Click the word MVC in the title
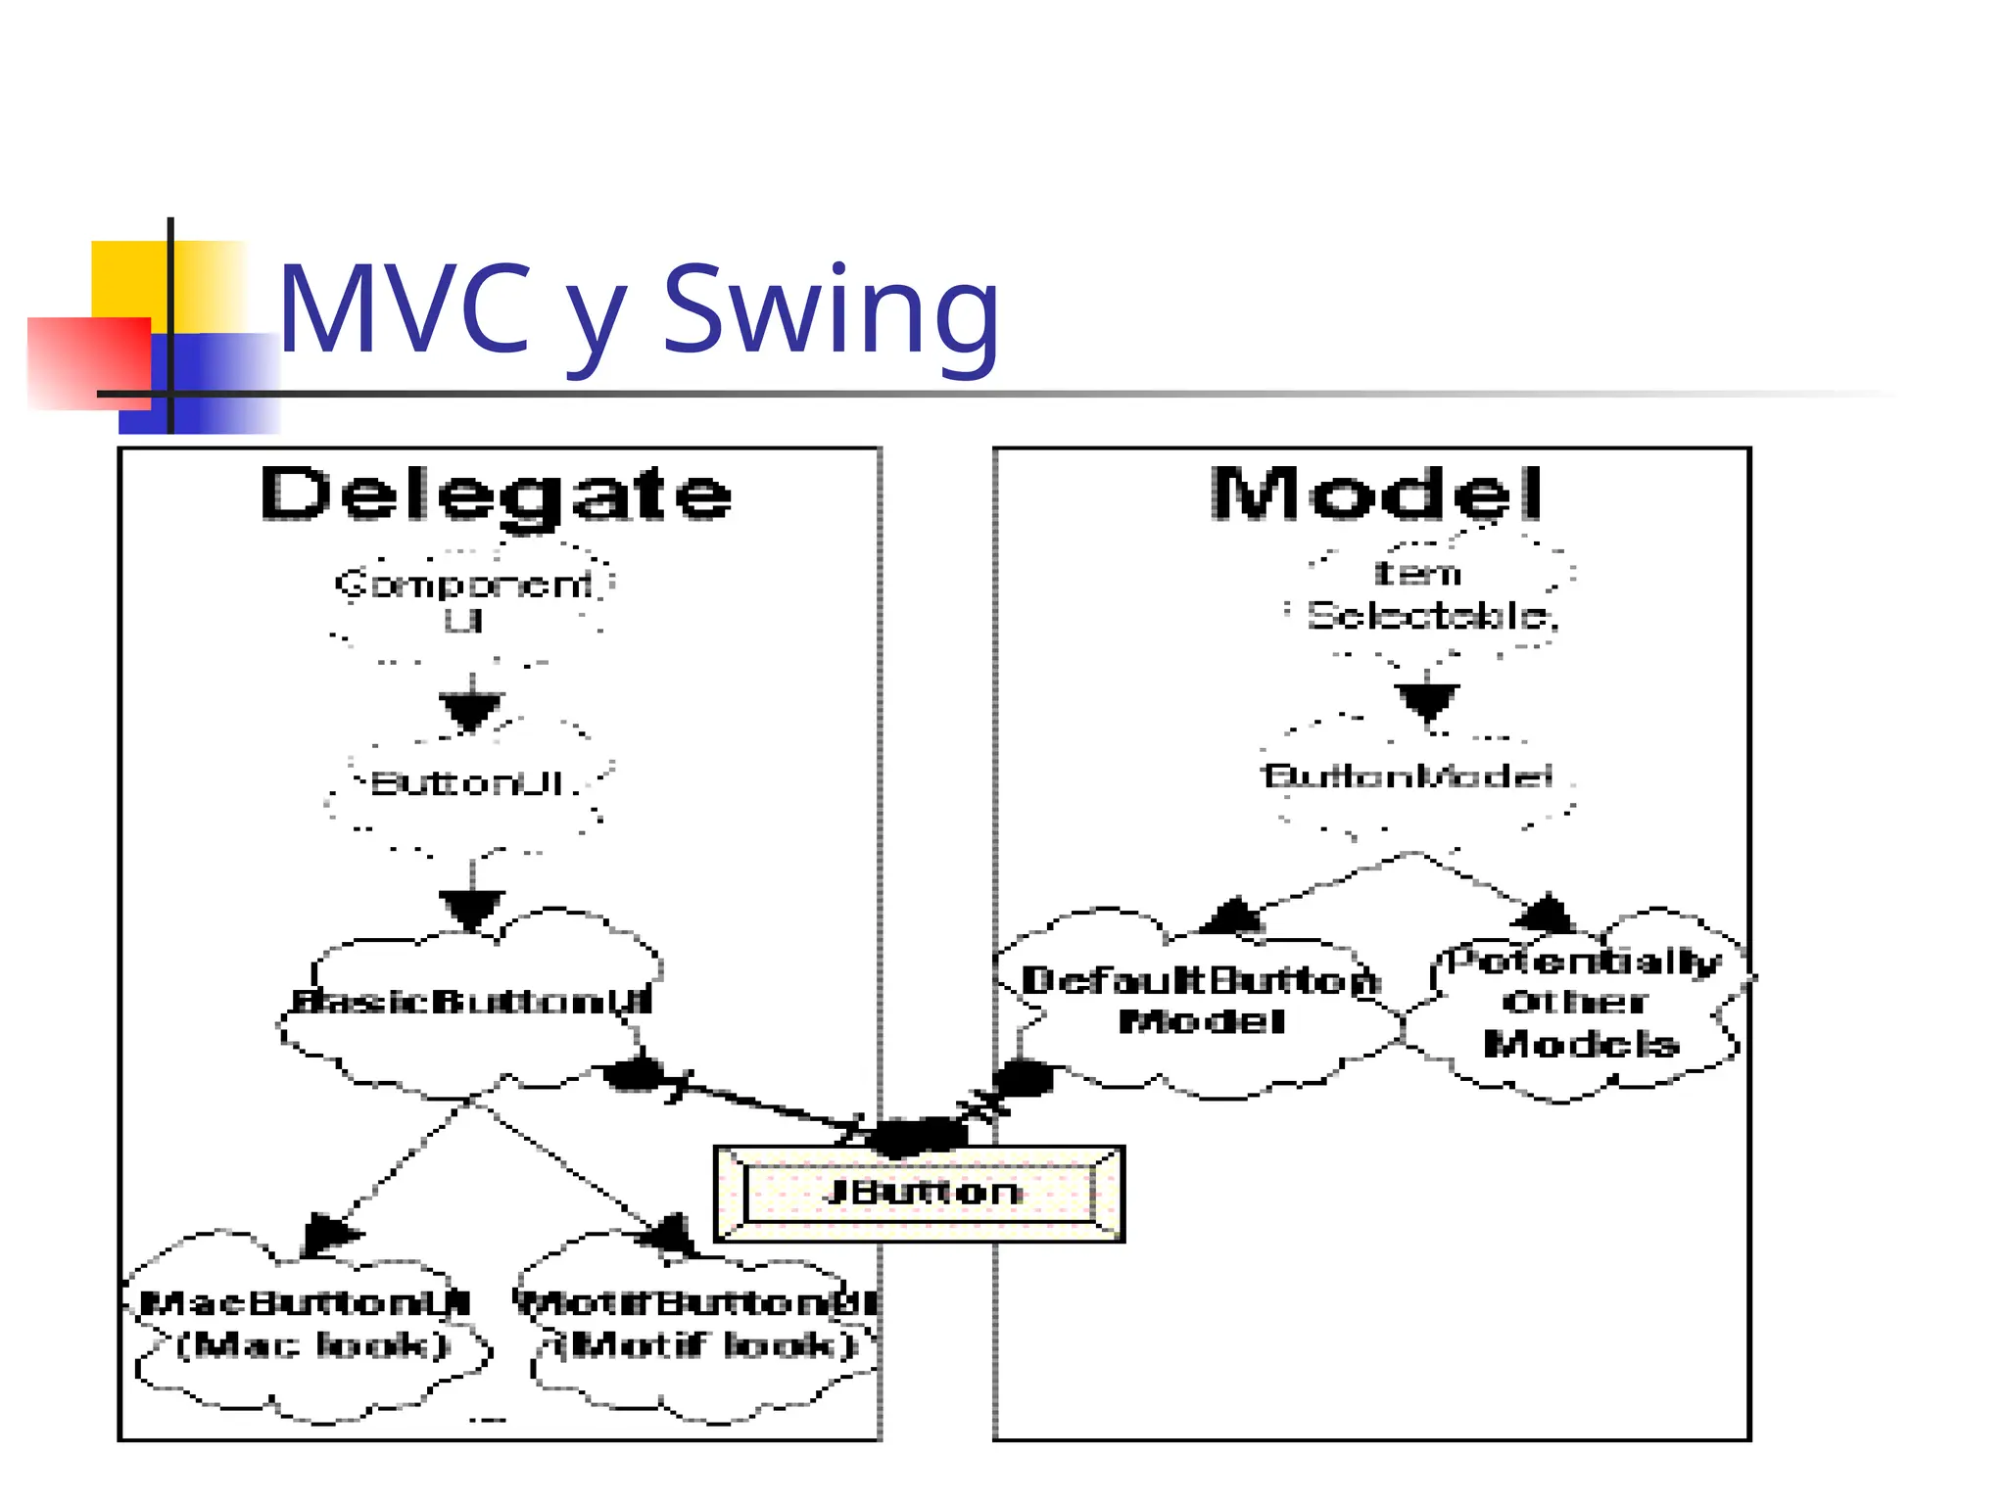(405, 311)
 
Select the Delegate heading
(496, 494)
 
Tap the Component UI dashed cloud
(465, 600)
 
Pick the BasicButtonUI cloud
(470, 1002)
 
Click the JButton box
(919, 1193)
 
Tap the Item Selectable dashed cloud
(1430, 594)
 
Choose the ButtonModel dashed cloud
(1409, 777)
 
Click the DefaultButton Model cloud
(1201, 1001)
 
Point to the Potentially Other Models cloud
(1581, 1001)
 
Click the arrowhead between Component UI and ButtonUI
(471, 709)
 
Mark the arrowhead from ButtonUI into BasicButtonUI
(471, 909)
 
